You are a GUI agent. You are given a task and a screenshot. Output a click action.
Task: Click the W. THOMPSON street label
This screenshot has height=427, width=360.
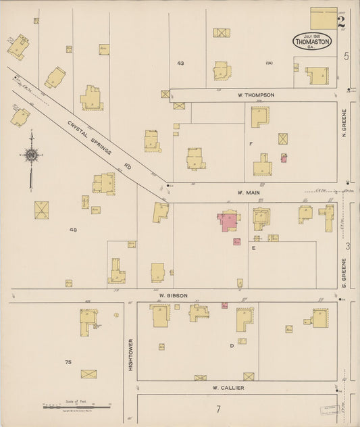[255, 95]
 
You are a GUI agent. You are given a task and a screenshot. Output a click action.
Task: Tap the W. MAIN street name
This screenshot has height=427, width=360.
[249, 193]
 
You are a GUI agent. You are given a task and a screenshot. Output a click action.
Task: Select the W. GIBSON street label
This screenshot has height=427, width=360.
[173, 295]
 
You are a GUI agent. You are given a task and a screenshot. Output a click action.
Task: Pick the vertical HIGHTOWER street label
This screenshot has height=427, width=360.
[130, 354]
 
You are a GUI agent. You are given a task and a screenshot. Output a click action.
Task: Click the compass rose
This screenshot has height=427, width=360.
[31, 156]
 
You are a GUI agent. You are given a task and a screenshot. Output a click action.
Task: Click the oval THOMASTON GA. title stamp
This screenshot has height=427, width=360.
[312, 41]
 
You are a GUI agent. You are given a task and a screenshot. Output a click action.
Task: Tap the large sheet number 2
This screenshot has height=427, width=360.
[341, 21]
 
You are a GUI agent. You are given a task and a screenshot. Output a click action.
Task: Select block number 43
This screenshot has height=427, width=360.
[180, 63]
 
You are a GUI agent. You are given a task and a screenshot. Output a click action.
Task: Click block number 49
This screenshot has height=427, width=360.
[73, 230]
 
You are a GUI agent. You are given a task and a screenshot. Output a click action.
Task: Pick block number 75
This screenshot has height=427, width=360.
[68, 363]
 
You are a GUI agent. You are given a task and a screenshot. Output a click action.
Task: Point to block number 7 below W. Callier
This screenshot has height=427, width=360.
[218, 409]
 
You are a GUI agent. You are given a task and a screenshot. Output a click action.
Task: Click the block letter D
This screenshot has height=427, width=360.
[231, 345]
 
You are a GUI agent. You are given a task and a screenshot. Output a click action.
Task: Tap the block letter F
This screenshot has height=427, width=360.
[251, 144]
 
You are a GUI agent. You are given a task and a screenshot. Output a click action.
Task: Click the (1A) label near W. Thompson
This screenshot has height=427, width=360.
[269, 64]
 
